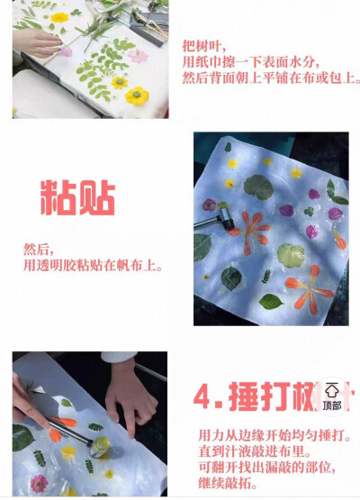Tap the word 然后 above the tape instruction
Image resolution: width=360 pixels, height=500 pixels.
click(39, 249)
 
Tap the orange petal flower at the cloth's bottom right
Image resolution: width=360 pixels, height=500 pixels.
click(310, 288)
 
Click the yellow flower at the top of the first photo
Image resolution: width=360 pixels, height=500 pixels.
click(60, 17)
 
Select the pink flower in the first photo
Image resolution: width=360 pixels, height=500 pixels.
click(138, 56)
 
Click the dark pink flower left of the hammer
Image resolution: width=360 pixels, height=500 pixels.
click(210, 205)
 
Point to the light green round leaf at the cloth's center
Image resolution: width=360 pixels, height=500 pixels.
click(289, 255)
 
